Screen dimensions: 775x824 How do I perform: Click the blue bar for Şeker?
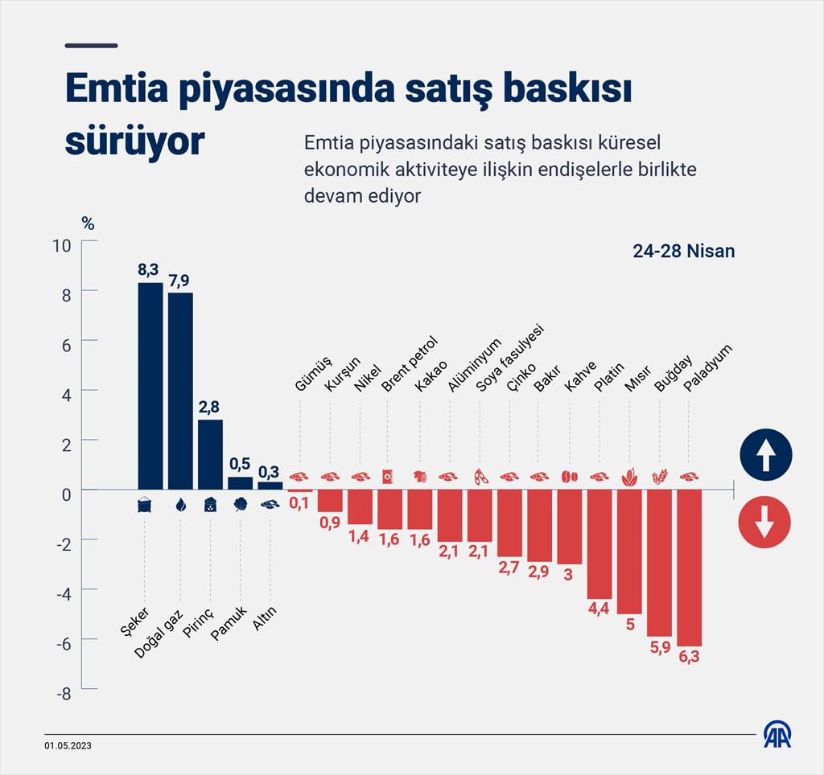coord(150,386)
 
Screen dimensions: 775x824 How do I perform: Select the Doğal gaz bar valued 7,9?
coord(180,391)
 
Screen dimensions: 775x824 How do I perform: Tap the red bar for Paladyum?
coord(689,568)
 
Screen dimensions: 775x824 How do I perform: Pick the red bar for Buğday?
coord(659,563)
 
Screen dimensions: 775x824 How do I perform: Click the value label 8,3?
coord(150,269)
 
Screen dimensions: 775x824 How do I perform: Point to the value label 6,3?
coord(689,658)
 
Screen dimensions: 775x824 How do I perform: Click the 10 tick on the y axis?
coord(62,244)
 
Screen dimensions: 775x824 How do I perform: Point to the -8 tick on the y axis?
coord(64,693)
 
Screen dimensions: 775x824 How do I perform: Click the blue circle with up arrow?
coord(765,455)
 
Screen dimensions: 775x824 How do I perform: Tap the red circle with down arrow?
coord(764,523)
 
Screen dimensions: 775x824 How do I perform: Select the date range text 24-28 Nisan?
coord(683,252)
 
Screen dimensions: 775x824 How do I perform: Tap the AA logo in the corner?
coord(777,735)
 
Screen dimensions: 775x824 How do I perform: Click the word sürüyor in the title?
coord(134,141)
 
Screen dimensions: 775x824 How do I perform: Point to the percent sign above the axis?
coord(88,223)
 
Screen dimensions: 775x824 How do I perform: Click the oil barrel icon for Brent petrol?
coord(389,477)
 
